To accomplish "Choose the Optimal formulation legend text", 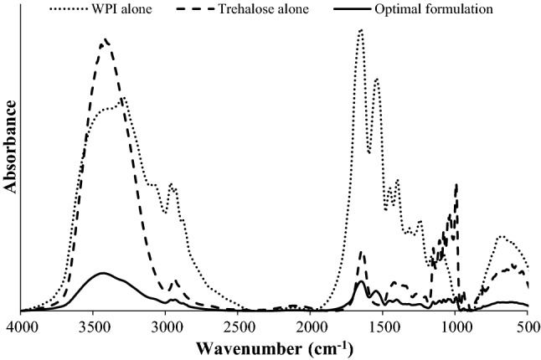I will point(433,10).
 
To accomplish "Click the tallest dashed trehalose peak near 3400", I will point(105,39).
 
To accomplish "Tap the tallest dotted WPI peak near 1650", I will point(360,30).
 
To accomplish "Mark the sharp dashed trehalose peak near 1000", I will point(456,184).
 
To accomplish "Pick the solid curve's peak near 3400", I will point(103,273).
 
